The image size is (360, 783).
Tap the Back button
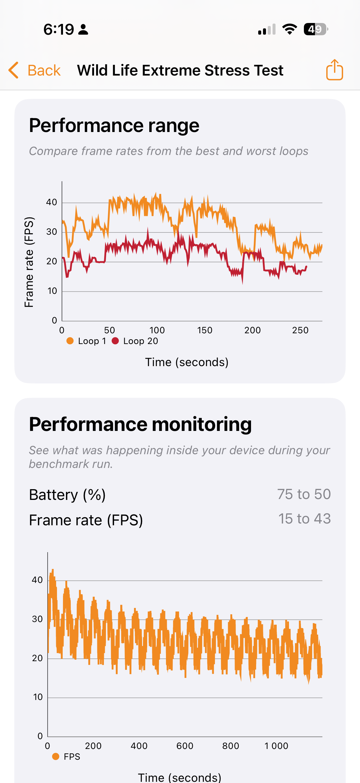pos(35,70)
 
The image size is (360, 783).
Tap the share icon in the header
pos(335,70)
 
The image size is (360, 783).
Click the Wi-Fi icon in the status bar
pos(290,29)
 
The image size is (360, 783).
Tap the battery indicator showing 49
pos(315,29)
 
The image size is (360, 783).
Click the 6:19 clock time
pos(59,30)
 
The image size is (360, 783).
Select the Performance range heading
pos(114,125)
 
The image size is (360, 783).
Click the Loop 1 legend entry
pos(87,341)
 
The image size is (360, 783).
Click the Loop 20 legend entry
pos(135,341)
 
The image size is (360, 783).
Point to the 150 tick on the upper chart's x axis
pos(205,330)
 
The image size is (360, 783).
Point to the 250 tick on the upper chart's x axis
pos(300,330)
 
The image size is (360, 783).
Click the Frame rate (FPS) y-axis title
pos(29,262)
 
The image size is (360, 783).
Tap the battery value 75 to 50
pos(304,494)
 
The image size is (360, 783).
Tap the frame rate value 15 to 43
pos(304,518)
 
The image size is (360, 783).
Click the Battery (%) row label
pos(67,495)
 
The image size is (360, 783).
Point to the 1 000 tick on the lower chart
pos(276,746)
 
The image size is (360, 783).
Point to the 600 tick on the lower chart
pos(185,746)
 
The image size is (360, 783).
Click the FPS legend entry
pos(67,756)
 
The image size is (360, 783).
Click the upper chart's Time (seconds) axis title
pos(187,362)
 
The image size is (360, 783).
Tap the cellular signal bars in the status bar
pos(267,30)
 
